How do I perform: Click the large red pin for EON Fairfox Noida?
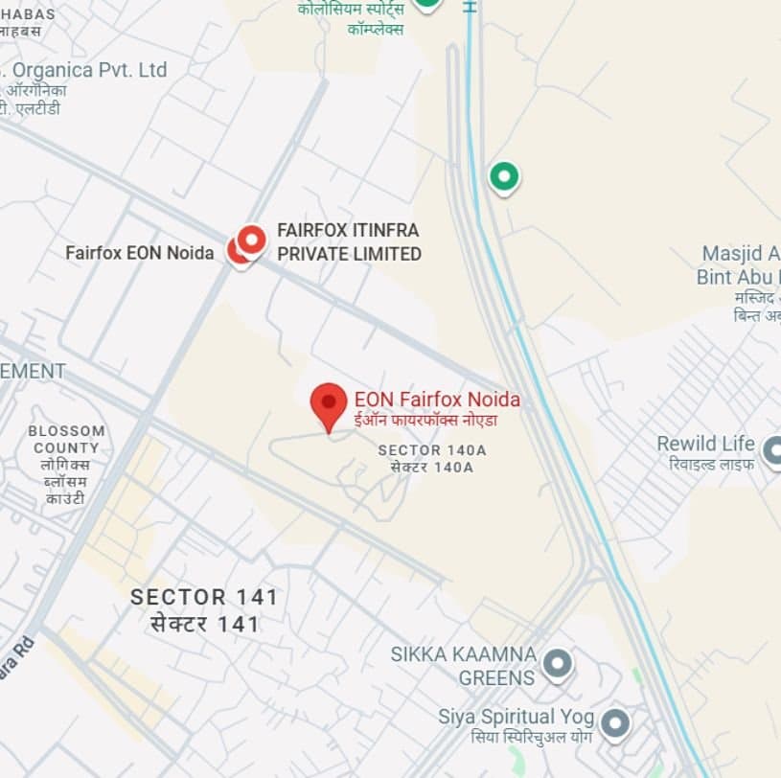coord(329,402)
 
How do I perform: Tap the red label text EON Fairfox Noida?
coord(437,400)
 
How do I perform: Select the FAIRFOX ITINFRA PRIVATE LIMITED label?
coord(349,242)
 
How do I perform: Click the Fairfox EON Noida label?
coord(139,253)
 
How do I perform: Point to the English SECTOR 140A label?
coord(432,449)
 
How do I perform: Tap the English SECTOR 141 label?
coord(204,597)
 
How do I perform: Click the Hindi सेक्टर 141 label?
coord(204,624)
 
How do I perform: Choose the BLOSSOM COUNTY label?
coord(65,439)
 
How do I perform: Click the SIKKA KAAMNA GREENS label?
coord(463,666)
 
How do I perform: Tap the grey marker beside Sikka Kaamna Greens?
coord(557,662)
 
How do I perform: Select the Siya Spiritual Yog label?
coord(517,717)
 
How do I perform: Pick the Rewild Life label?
coord(705,444)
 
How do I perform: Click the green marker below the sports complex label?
coord(504,176)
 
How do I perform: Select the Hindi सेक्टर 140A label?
coord(432,468)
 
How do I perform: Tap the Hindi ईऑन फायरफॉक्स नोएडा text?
coord(425,420)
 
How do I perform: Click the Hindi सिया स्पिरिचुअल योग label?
coord(531,737)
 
